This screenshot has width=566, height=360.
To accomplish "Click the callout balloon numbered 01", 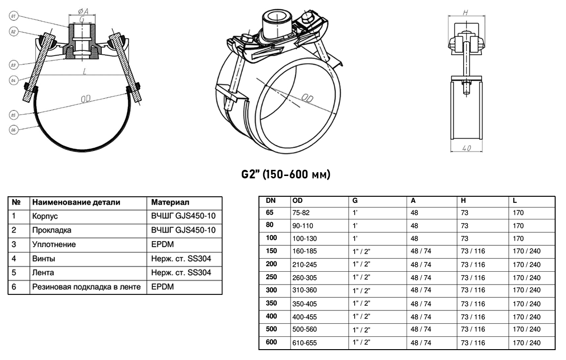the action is tap(13, 16).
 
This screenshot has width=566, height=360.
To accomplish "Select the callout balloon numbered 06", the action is tap(13, 130).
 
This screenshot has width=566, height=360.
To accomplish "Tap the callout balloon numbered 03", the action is tap(13, 65).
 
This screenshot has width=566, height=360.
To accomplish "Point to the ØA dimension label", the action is tap(83, 11).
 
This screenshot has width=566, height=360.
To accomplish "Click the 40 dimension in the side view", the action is tap(466, 148).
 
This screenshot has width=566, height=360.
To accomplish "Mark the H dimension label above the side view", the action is tap(466, 12).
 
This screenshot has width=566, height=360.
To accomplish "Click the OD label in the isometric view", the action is tap(308, 98).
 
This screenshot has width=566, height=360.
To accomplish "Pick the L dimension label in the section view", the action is tap(84, 71).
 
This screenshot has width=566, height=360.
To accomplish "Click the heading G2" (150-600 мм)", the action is tap(286, 175).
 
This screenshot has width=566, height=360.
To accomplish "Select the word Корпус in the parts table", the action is tap(45, 216).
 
